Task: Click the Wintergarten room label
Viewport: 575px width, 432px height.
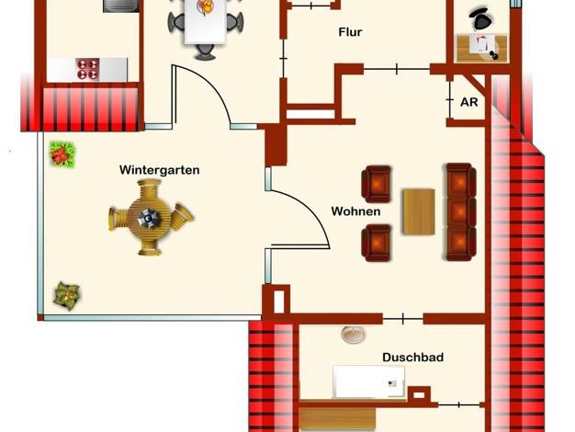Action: (x=159, y=170)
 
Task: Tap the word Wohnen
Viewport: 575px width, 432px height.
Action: (x=355, y=211)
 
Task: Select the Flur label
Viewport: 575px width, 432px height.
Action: (x=350, y=32)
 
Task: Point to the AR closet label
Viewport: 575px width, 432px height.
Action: (x=469, y=102)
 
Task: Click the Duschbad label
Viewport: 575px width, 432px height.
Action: (x=413, y=358)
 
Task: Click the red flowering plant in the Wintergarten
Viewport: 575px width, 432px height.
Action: (x=62, y=154)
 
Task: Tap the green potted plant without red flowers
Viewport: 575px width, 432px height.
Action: (x=66, y=296)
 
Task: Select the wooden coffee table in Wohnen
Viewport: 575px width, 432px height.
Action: (x=419, y=211)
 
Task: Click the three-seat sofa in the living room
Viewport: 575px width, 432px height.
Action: (x=460, y=212)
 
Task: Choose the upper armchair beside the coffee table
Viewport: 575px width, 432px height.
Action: (x=377, y=184)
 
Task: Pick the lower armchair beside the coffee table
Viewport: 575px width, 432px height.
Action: (x=377, y=243)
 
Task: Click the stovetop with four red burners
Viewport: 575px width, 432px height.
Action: (x=88, y=69)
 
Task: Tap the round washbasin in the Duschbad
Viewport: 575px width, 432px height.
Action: (x=354, y=335)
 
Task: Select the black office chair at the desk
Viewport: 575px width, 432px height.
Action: (x=481, y=18)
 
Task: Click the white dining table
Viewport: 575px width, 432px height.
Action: (x=205, y=21)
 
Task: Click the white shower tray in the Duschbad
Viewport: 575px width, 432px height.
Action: (x=368, y=381)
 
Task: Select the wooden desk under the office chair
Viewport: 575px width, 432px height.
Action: (x=481, y=48)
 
